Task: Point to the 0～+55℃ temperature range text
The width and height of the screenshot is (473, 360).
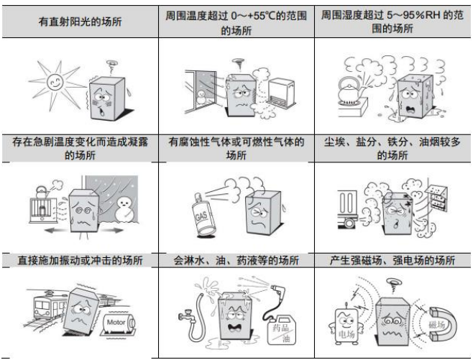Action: click(247, 14)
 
